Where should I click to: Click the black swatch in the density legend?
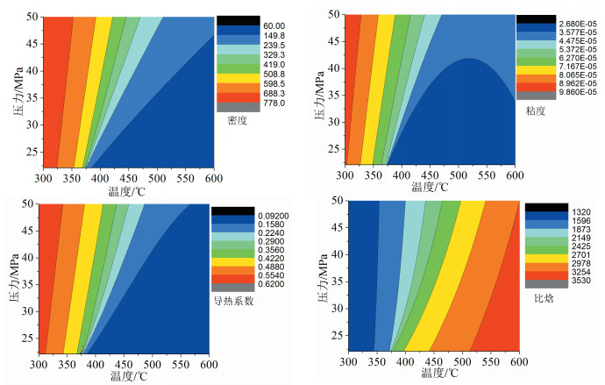click(233, 20)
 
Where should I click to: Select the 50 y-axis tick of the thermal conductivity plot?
click(29, 203)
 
